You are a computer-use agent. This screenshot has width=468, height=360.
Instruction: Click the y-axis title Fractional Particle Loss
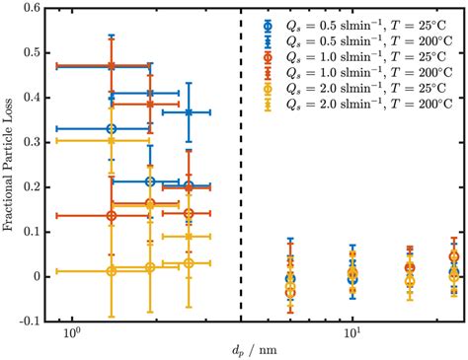[x=12, y=165]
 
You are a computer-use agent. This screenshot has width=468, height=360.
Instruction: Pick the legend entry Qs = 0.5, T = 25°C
[x=370, y=27]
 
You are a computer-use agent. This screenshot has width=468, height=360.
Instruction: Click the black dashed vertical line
[x=242, y=197]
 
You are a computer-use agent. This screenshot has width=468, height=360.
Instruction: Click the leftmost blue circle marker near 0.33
[x=112, y=129]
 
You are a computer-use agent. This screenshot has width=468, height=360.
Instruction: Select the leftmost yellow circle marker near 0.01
[x=112, y=271]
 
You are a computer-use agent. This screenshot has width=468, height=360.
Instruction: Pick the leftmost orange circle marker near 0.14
[x=112, y=215]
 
